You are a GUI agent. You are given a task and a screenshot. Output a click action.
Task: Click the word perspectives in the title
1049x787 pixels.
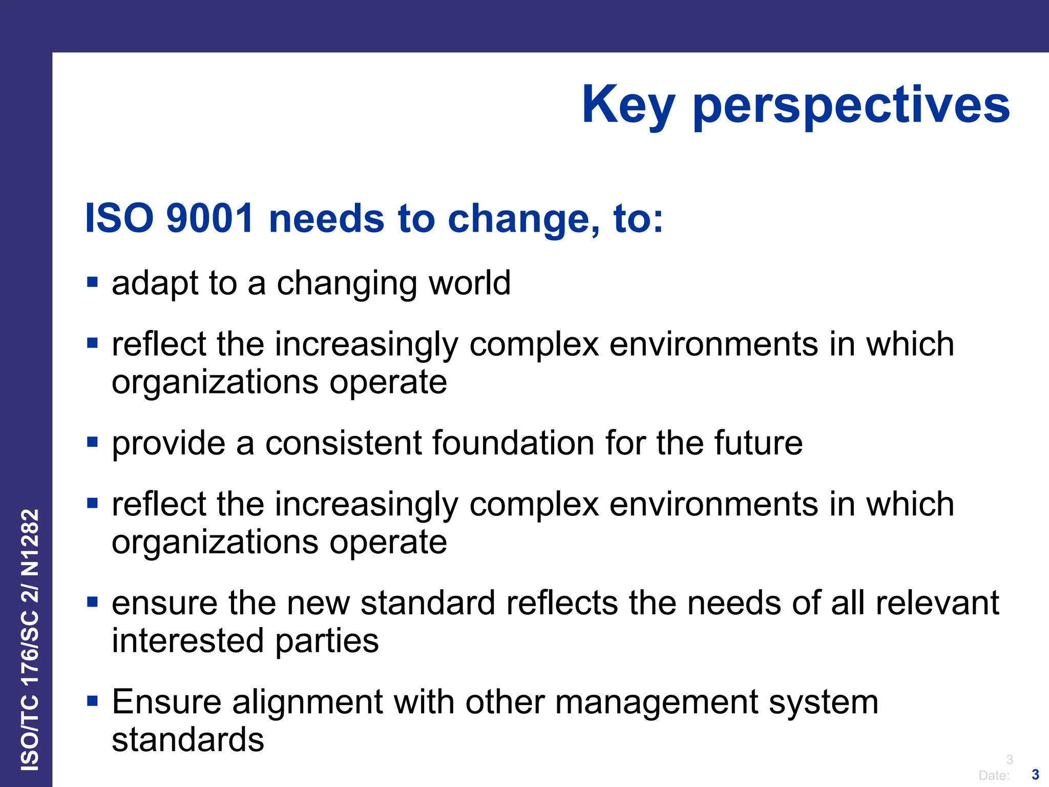(851, 105)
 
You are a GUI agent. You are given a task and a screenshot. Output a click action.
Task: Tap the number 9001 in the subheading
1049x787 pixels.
(210, 218)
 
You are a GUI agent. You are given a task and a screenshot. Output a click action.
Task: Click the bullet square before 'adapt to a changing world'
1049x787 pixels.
(92, 282)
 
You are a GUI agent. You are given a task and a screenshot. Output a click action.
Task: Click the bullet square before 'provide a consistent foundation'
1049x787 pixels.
(92, 442)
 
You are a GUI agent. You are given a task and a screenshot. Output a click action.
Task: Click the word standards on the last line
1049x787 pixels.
(188, 740)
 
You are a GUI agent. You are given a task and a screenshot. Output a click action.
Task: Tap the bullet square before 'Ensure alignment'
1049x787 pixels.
(92, 701)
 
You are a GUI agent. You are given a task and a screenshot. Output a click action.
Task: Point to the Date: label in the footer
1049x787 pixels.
(994, 775)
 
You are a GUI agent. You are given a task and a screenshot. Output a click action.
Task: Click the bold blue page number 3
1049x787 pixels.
(1035, 774)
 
